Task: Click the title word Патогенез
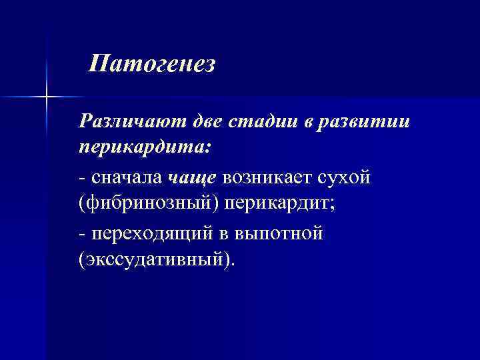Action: (x=153, y=65)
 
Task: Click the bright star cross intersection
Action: (x=47, y=97)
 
